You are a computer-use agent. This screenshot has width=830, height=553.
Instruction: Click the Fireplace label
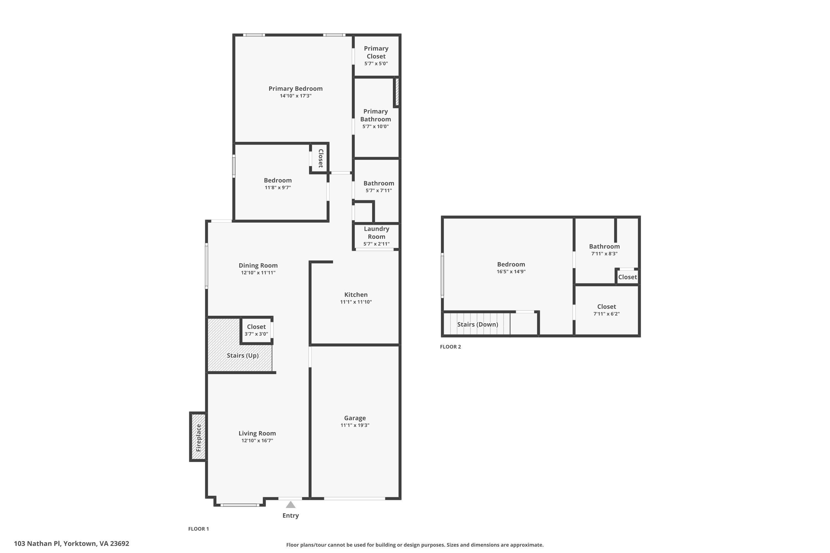tap(199, 438)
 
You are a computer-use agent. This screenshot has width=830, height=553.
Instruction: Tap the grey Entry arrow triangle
tap(290, 505)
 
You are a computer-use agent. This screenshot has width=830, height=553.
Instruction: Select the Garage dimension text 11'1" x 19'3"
tap(355, 425)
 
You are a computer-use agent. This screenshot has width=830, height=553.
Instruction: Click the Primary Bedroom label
tap(295, 88)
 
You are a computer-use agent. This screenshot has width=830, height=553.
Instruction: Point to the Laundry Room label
tap(377, 233)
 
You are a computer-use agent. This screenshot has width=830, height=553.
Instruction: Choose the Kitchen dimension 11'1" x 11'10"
tap(356, 302)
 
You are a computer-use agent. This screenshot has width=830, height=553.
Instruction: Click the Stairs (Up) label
tap(243, 356)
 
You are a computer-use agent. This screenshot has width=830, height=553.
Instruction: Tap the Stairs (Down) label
tap(478, 324)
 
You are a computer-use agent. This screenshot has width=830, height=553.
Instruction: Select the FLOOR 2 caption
tap(450, 347)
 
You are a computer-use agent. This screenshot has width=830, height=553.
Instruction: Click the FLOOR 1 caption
tap(198, 529)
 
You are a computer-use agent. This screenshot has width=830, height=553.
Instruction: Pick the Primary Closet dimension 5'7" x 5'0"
tap(376, 64)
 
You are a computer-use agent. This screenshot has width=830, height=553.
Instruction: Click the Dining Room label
tap(258, 265)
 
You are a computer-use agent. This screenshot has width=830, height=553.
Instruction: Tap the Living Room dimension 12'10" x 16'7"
tap(257, 440)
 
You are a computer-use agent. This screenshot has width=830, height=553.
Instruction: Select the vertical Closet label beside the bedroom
tap(321, 158)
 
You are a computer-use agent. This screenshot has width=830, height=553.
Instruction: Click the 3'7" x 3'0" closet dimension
tap(256, 334)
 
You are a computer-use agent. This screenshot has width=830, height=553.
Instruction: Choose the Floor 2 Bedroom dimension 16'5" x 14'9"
tap(511, 272)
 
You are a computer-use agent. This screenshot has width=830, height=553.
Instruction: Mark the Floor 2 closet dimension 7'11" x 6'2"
tap(606, 314)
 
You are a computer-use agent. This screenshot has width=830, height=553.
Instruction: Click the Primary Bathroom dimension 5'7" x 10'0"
tap(375, 127)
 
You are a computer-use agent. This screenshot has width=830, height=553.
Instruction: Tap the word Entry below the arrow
tap(290, 516)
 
